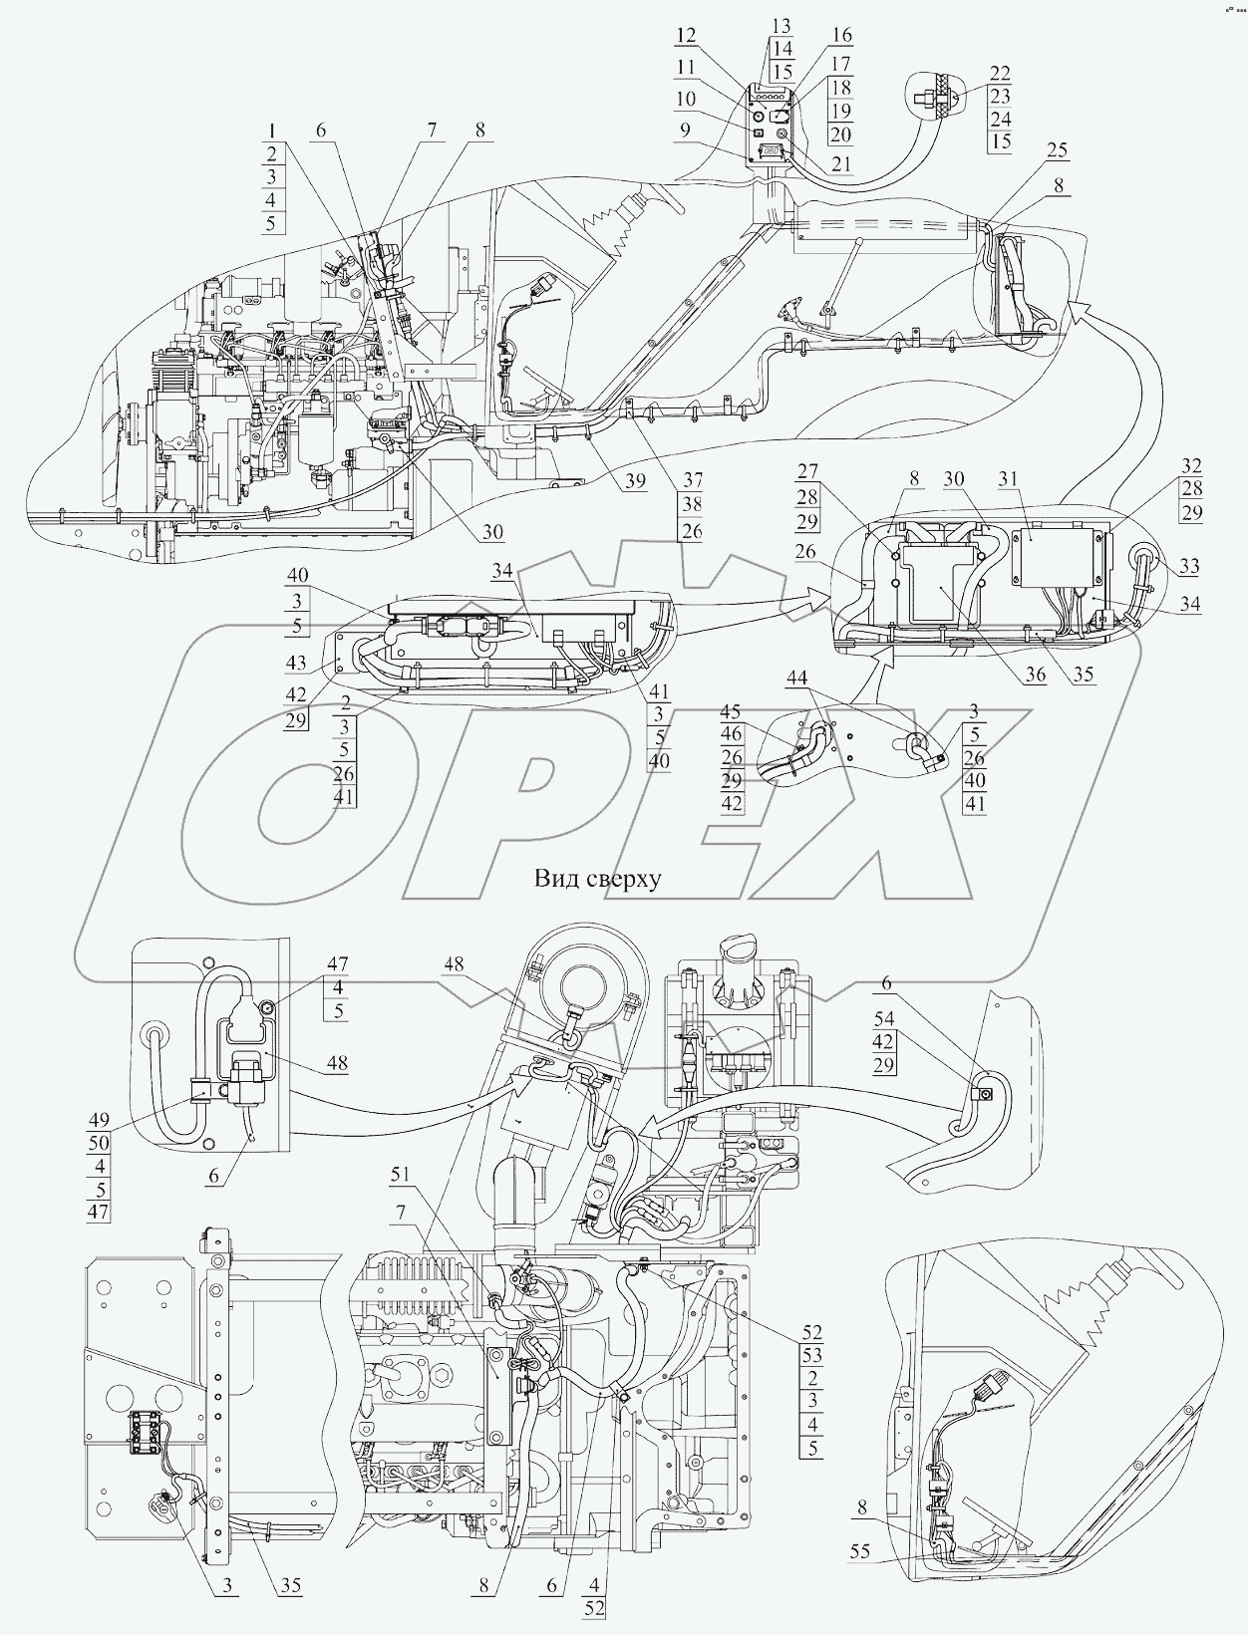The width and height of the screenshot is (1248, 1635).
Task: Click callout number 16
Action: pyautogui.click(x=841, y=35)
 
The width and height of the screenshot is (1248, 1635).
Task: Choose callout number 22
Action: pyautogui.click(x=1000, y=73)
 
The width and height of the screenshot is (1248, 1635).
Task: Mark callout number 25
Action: pyautogui.click(x=1056, y=149)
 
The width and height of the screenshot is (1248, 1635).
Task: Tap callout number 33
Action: pyautogui.click(x=1189, y=566)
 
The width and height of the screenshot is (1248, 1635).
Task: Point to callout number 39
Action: pyautogui.click(x=634, y=481)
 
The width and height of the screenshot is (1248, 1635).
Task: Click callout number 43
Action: pyautogui.click(x=296, y=663)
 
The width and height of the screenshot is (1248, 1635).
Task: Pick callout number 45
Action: pyautogui.click(x=732, y=711)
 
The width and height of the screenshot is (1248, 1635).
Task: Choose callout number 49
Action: pyautogui.click(x=99, y=1119)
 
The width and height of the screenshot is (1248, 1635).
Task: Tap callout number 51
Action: pyautogui.click(x=400, y=1175)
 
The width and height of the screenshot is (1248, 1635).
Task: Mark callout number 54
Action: pyautogui.click(x=884, y=1021)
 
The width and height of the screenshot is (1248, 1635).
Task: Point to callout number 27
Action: pyautogui.click(x=806, y=471)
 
